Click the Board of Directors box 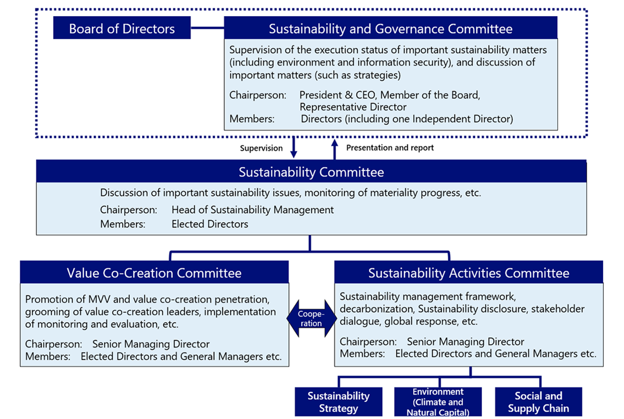(122, 28)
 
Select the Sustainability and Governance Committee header (391, 28)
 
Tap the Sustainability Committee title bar (311, 172)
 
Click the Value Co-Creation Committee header (154, 273)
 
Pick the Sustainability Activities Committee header (469, 273)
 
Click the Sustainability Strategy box (339, 402)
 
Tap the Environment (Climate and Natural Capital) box (438, 402)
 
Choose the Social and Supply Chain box (538, 402)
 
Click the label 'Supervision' (261, 148)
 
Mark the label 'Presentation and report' (389, 148)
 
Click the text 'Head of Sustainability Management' (252, 210)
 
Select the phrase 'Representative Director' (353, 107)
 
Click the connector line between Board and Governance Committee (207, 28)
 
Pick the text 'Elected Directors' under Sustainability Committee (210, 224)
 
